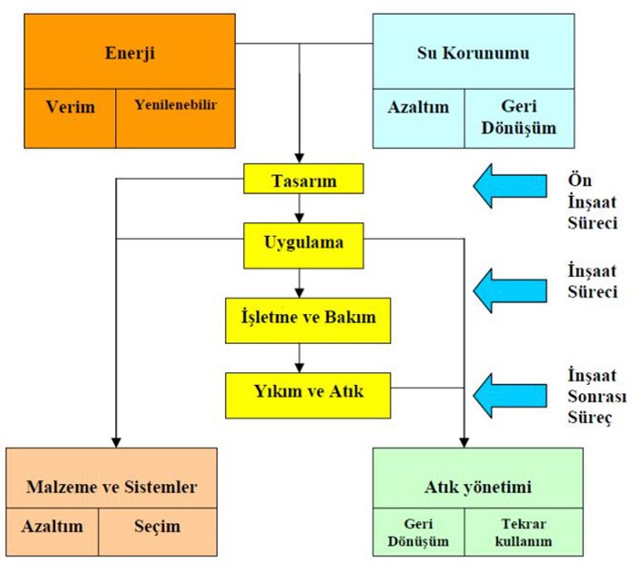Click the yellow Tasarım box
[304, 180]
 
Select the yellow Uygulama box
[304, 243]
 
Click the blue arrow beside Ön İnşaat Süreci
[509, 184]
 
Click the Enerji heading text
[130, 52]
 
